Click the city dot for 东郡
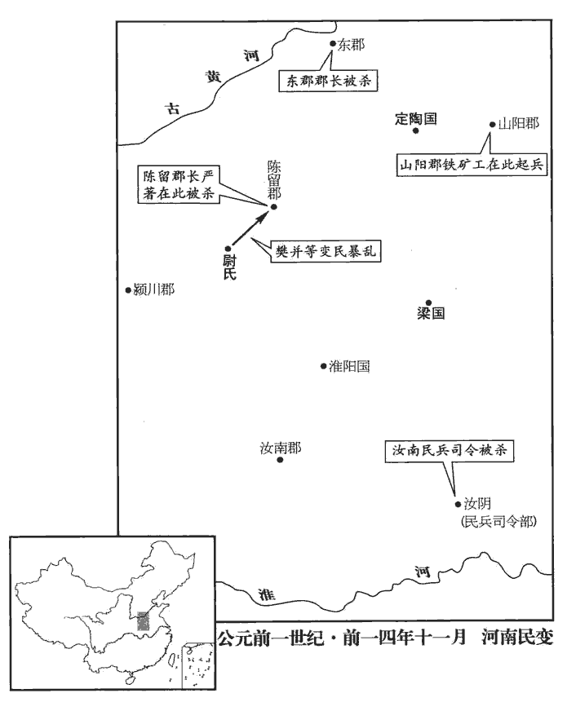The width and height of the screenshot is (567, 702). click(332, 45)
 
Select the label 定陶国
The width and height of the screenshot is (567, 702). click(416, 118)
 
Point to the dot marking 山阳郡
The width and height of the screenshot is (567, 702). click(492, 125)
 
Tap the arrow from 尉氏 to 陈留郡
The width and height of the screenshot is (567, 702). click(250, 227)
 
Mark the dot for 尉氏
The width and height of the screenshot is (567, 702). click(229, 248)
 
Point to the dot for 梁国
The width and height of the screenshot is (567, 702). click(428, 302)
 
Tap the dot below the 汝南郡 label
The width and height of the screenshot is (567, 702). click(280, 460)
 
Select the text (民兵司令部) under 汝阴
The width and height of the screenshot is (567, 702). click(499, 519)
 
